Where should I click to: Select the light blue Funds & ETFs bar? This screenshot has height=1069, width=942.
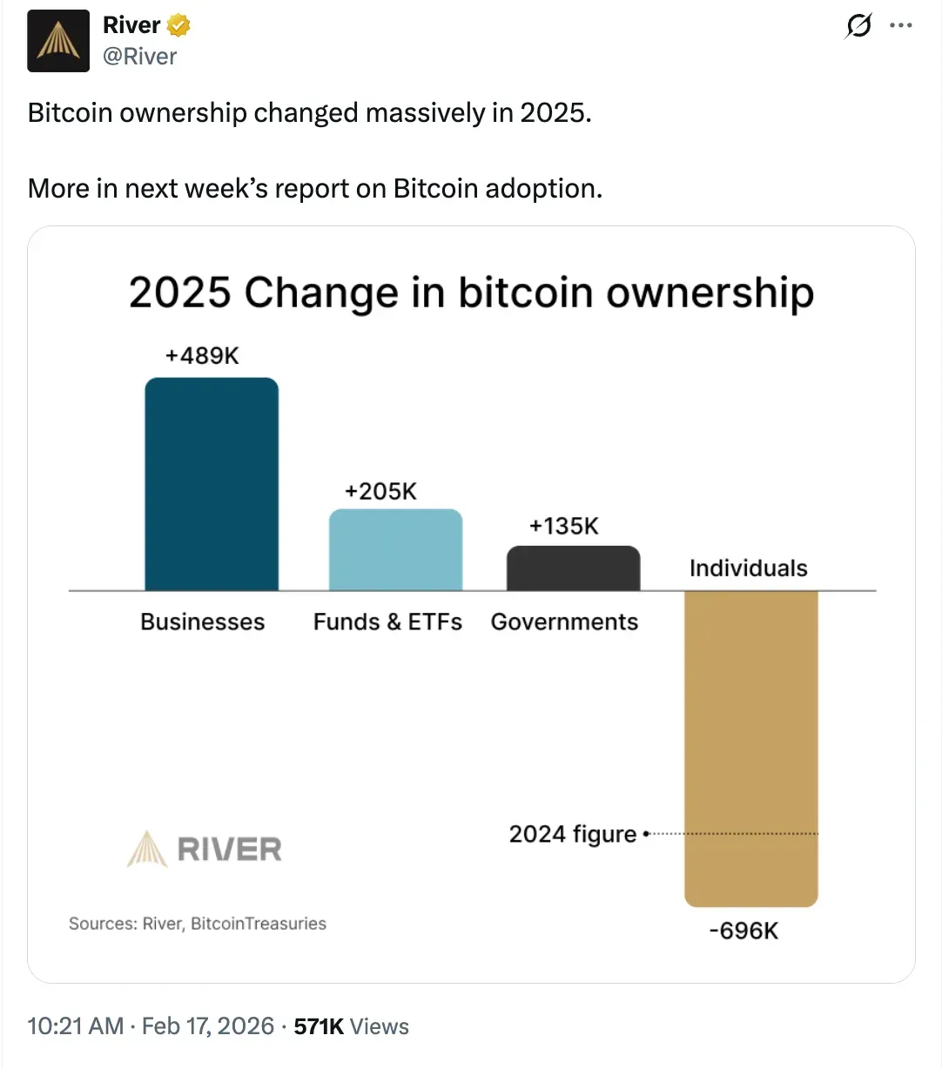pyautogui.click(x=395, y=549)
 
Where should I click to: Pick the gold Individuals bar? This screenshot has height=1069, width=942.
pyautogui.click(x=751, y=749)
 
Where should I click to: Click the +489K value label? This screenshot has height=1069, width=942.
pyautogui.click(x=202, y=355)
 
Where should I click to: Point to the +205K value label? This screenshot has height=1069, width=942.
pyautogui.click(x=380, y=491)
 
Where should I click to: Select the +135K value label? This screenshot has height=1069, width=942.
pyautogui.click(x=564, y=526)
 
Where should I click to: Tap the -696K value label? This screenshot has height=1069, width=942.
pyautogui.click(x=744, y=931)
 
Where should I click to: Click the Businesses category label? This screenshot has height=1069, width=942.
pyautogui.click(x=202, y=622)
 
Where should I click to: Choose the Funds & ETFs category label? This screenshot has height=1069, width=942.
pyautogui.click(x=387, y=622)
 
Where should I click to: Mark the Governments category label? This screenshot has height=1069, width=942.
pyautogui.click(x=564, y=622)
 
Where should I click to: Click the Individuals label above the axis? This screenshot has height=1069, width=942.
pyautogui.click(x=749, y=568)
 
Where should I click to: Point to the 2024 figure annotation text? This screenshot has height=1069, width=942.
pyautogui.click(x=573, y=834)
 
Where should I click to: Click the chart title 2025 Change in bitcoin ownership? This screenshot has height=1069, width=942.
pyautogui.click(x=471, y=292)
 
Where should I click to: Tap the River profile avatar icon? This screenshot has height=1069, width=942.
pyautogui.click(x=58, y=41)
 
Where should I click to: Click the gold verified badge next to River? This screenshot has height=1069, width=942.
pyautogui.click(x=178, y=25)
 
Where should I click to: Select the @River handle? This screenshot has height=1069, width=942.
pyautogui.click(x=139, y=57)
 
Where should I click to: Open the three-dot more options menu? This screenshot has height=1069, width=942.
pyautogui.click(x=901, y=26)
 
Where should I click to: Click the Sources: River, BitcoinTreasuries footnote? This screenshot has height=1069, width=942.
pyautogui.click(x=198, y=924)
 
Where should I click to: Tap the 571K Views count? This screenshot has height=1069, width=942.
pyautogui.click(x=351, y=1026)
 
